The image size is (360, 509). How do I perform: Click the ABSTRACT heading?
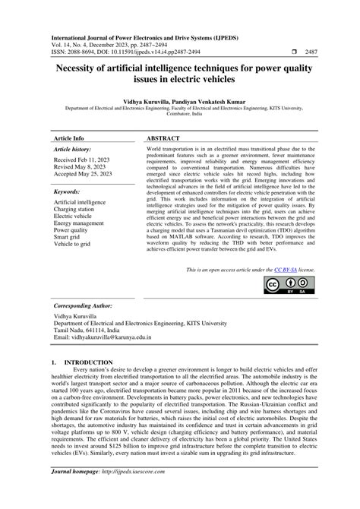tap(163, 139)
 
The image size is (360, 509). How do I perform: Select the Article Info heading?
tap(68, 139)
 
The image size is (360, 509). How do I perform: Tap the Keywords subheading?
tap(68, 192)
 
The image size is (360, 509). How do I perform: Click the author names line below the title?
tap(179, 100)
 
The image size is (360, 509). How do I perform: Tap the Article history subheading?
tap(77, 150)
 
